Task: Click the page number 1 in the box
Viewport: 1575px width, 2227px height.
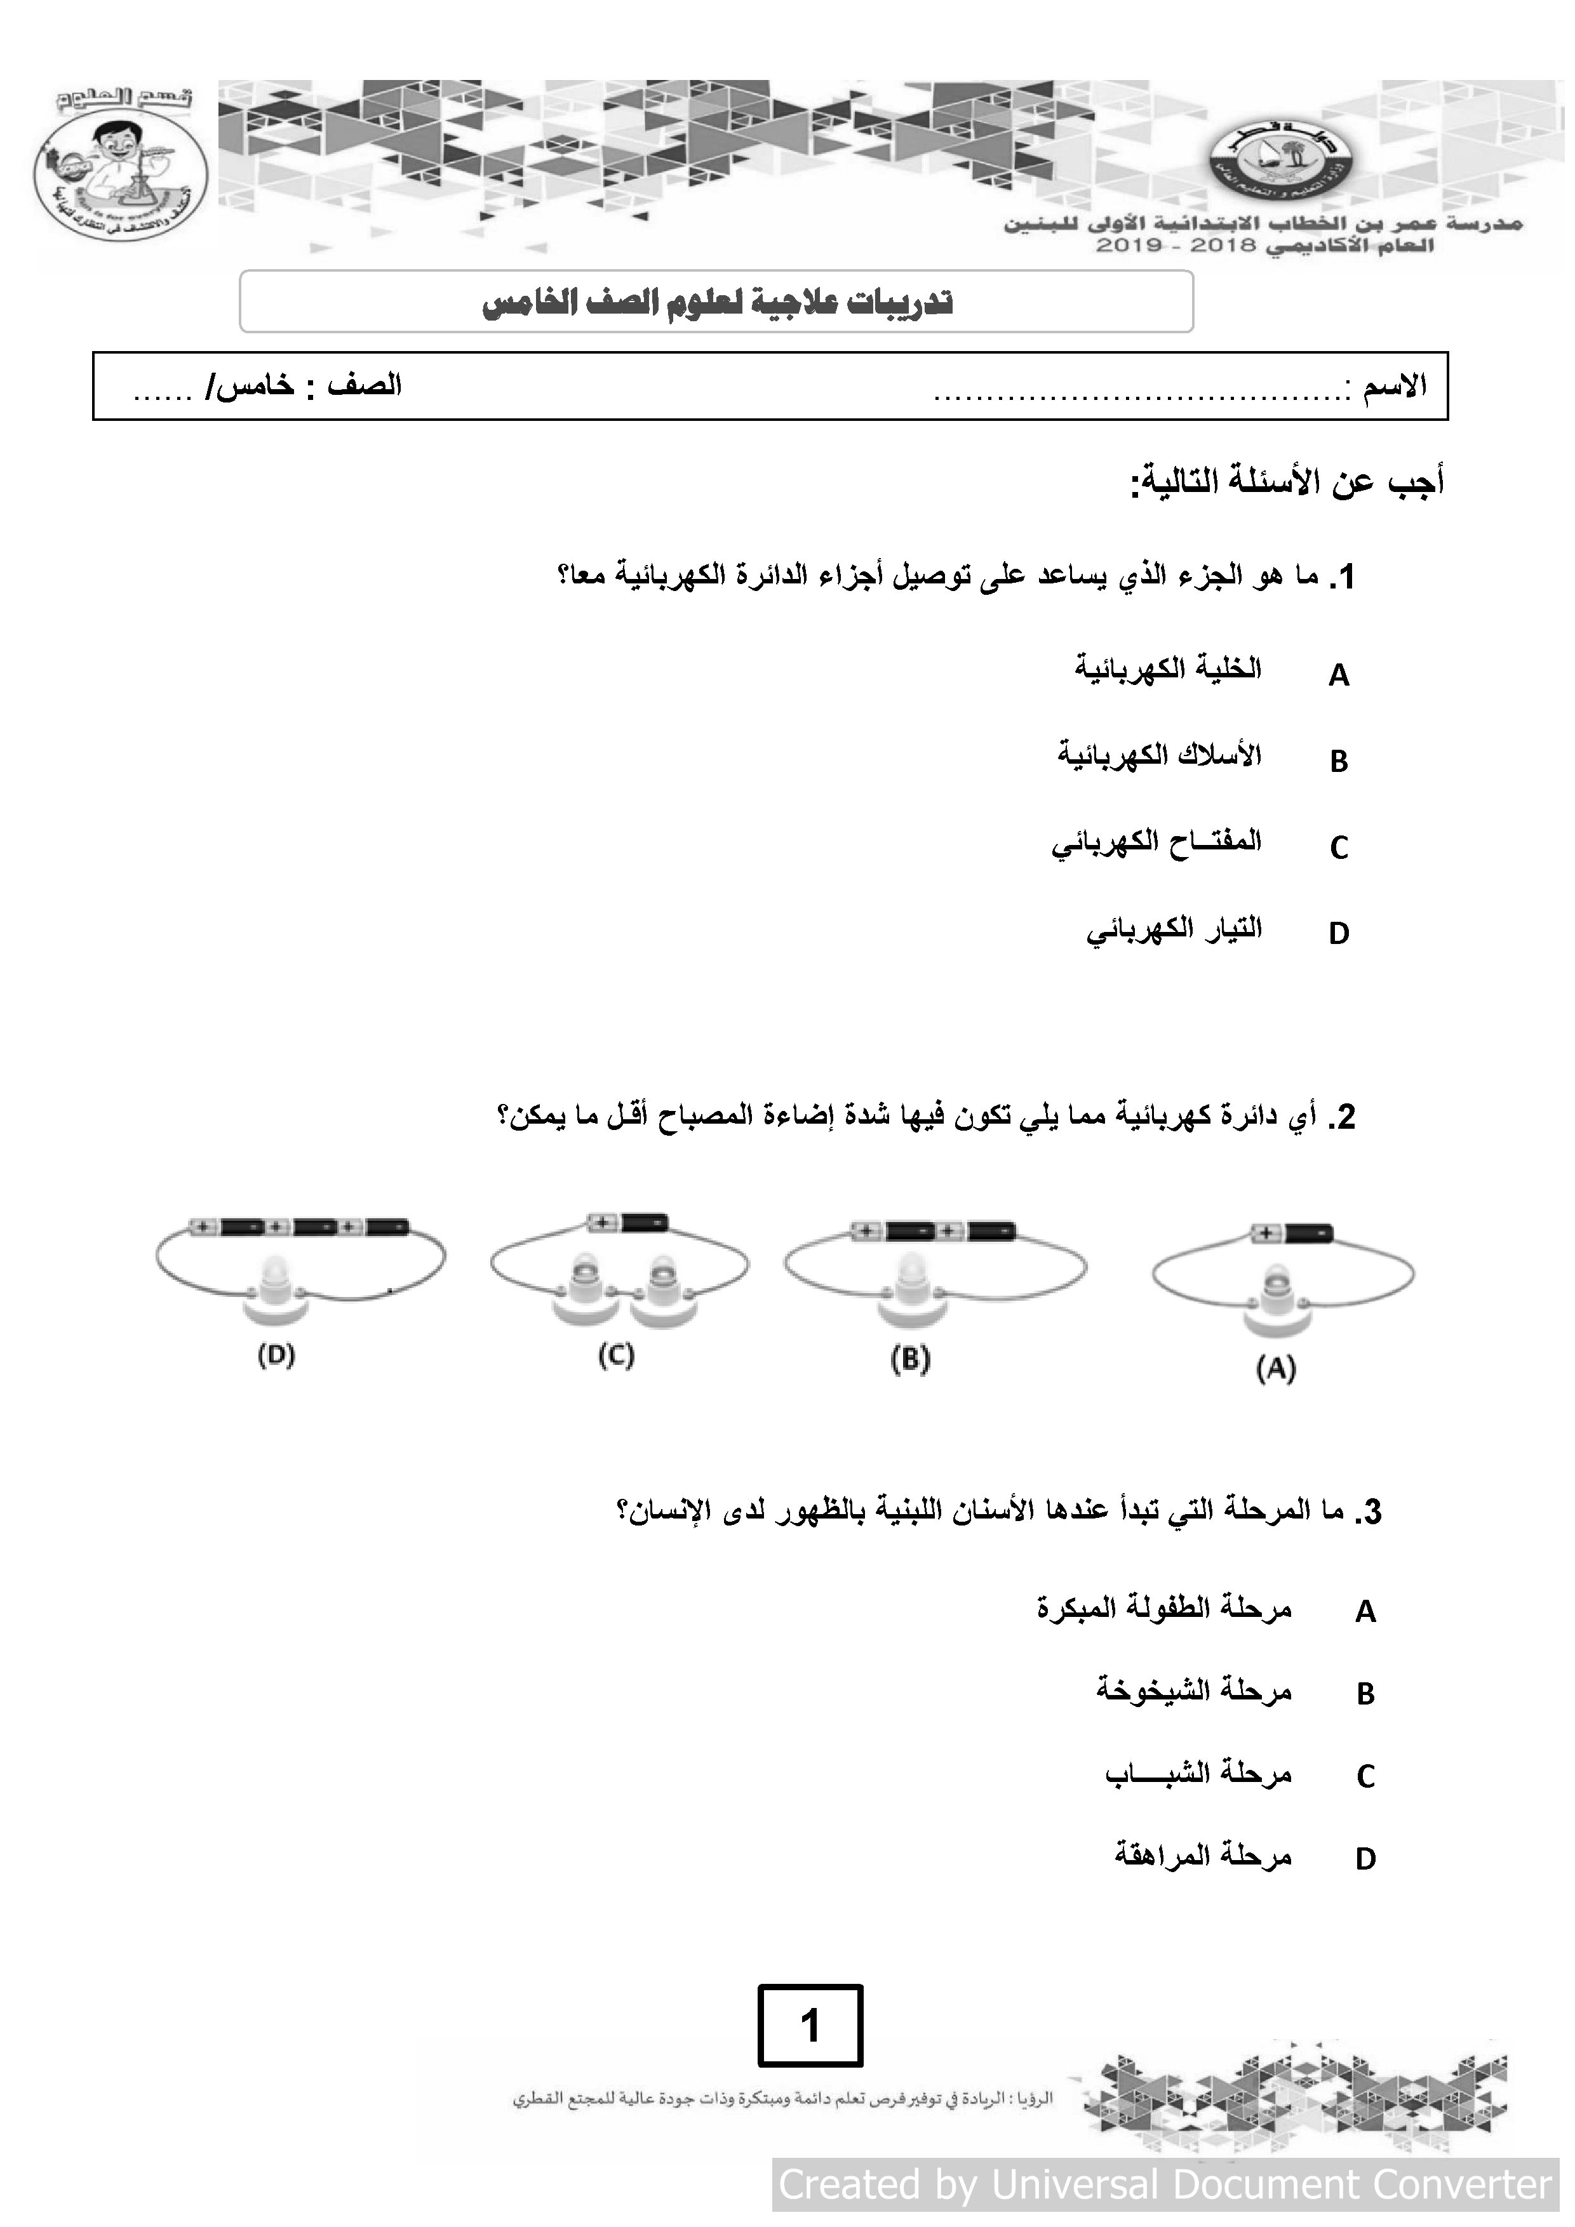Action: click(x=809, y=2025)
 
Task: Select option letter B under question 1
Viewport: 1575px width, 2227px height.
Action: click(x=1338, y=761)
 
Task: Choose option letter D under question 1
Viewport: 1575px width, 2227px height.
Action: click(x=1338, y=933)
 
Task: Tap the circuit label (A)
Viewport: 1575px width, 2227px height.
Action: click(x=1275, y=1369)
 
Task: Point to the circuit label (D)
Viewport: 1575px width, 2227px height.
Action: click(x=276, y=1355)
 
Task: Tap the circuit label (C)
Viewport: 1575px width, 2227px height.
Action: click(x=615, y=1355)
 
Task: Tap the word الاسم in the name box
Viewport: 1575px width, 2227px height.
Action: click(x=1395, y=386)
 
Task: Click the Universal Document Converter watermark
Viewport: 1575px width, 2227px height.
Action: click(x=1165, y=2184)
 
